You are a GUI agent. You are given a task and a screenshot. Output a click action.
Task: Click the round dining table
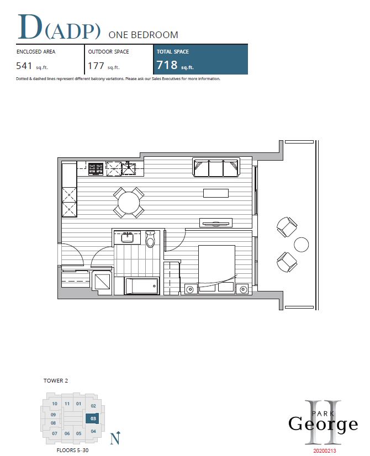[128, 202]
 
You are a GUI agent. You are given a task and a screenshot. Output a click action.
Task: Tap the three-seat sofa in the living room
[216, 167]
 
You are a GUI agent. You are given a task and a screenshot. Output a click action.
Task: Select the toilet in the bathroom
[150, 238]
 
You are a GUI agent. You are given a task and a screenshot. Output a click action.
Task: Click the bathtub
[142, 285]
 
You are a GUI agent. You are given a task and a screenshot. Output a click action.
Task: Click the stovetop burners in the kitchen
[96, 169]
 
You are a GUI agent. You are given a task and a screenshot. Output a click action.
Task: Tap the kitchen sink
[128, 169]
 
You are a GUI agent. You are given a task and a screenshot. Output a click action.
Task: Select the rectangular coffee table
[216, 193]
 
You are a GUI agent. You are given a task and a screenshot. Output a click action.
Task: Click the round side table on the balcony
[301, 245]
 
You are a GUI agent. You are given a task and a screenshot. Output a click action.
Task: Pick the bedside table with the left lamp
[190, 289]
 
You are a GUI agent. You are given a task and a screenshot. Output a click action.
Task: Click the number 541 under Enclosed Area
[24, 66]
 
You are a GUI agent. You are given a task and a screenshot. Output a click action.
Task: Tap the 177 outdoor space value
[96, 66]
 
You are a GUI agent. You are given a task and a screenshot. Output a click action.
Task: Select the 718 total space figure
[167, 65]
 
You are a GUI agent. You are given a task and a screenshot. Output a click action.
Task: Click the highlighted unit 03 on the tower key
[93, 418]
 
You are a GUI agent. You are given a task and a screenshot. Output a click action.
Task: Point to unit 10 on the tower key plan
[55, 404]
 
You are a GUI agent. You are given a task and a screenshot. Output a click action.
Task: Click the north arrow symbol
[115, 438]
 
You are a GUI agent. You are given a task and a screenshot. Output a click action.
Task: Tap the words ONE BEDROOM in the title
[143, 35]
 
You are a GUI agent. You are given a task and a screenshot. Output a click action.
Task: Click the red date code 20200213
[324, 451]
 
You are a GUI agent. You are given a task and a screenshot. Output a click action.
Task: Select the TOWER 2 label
[56, 380]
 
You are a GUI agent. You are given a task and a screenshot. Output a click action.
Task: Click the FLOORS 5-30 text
[72, 450]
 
